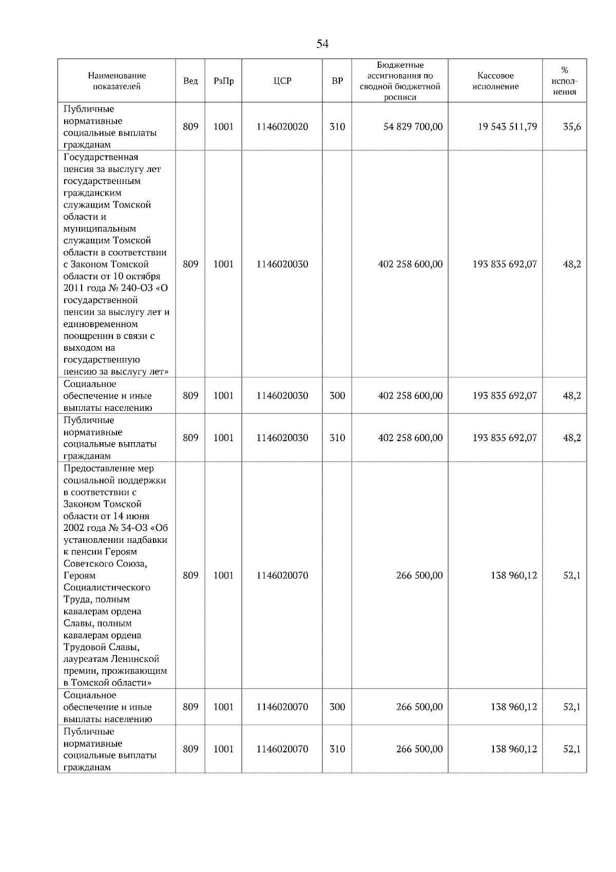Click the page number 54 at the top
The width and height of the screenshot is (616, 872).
click(322, 44)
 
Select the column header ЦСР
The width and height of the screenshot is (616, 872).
click(282, 81)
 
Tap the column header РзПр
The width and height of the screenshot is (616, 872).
click(223, 81)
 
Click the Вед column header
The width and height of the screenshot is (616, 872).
click(190, 81)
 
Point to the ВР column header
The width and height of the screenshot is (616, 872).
click(337, 81)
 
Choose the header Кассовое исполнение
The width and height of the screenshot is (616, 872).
click(495, 81)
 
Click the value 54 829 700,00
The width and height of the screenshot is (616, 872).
click(413, 126)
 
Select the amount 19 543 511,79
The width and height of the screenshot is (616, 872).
click(507, 126)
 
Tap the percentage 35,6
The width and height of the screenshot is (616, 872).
click(572, 126)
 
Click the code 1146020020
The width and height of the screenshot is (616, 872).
click(282, 126)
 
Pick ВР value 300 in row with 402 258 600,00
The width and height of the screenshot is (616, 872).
click(337, 395)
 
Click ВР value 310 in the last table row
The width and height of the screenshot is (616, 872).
click(337, 749)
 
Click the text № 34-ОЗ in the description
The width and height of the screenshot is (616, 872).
click(128, 528)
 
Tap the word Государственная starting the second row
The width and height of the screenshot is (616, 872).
click(101, 157)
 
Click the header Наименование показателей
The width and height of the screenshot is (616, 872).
click(117, 81)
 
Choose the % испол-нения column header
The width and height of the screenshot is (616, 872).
click(565, 81)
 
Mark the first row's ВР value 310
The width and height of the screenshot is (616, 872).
click(337, 126)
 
